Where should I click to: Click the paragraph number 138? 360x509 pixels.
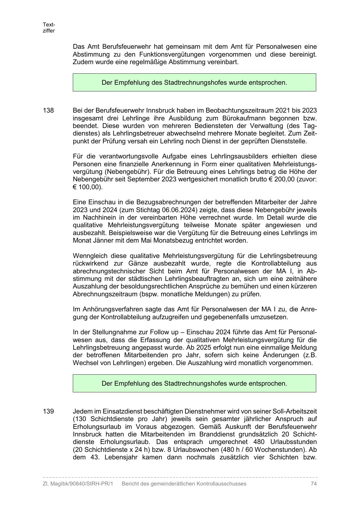[48, 111]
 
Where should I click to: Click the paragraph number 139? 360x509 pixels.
[48, 411]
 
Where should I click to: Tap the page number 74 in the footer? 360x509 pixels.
[313, 484]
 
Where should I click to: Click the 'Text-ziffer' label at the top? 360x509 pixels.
[49, 28]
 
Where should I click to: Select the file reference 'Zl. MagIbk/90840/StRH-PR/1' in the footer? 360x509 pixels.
[78, 484]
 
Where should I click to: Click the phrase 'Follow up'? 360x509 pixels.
[169, 332]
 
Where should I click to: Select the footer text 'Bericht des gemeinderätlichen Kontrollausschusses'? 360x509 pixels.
[184, 484]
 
